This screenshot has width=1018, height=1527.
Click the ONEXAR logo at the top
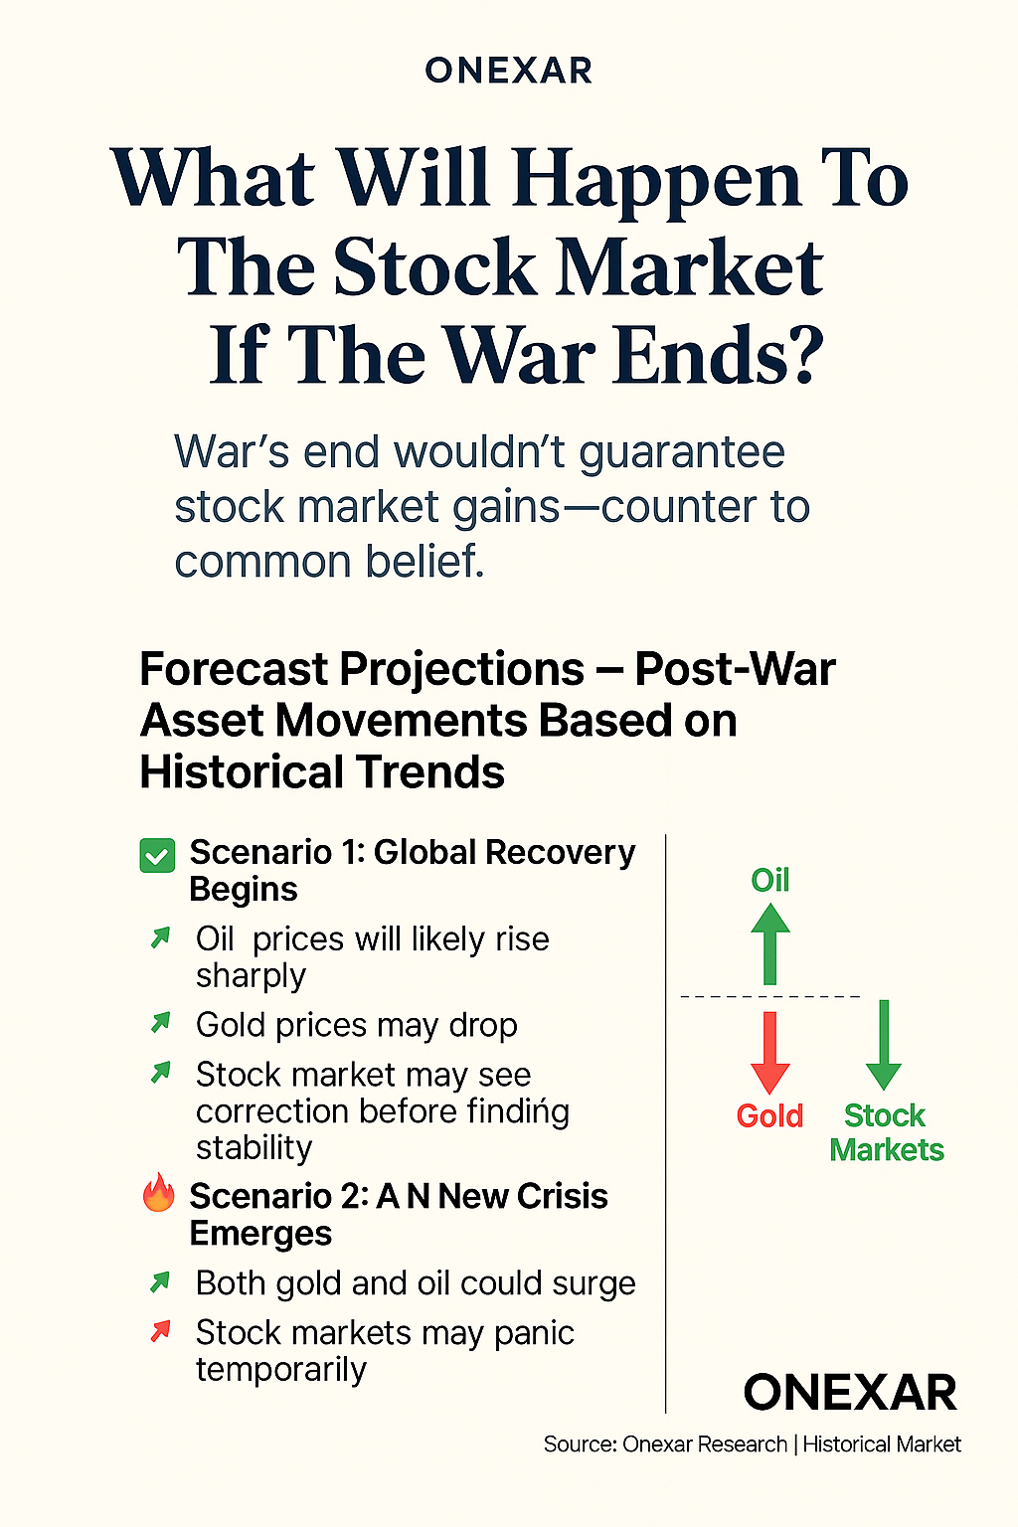pyautogui.click(x=508, y=71)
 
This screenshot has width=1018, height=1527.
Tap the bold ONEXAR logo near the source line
pyautogui.click(x=850, y=1392)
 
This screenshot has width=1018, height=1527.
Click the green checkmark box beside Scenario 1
pyautogui.click(x=158, y=855)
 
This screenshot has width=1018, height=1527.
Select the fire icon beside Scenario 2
pyautogui.click(x=158, y=1193)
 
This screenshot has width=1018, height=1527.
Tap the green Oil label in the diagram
pyautogui.click(x=769, y=880)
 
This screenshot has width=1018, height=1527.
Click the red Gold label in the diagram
pyautogui.click(x=769, y=1115)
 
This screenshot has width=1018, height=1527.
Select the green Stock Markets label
pyautogui.click(x=886, y=1132)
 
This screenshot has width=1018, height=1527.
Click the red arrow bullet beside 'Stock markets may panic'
pyautogui.click(x=160, y=1330)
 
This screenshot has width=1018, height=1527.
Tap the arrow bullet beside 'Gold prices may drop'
pyautogui.click(x=160, y=1022)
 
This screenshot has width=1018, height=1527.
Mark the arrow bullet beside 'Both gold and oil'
pyautogui.click(x=160, y=1281)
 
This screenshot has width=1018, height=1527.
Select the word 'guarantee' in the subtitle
pyautogui.click(x=682, y=453)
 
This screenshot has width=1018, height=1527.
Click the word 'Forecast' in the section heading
pyautogui.click(x=234, y=669)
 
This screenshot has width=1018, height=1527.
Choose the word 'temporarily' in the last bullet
pyautogui.click(x=281, y=1370)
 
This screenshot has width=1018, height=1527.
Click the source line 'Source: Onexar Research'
pyautogui.click(x=665, y=1444)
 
